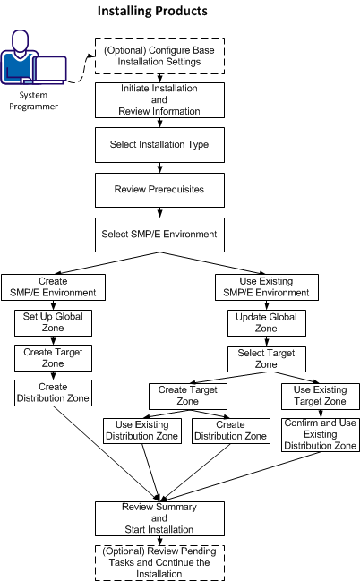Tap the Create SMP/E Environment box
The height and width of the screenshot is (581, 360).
54,287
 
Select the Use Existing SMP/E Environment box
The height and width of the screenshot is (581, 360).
263,287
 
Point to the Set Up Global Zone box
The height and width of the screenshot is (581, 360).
54,322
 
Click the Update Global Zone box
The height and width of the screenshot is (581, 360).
263,322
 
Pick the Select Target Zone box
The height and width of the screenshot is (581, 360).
263,359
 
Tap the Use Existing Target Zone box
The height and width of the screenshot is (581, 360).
321,396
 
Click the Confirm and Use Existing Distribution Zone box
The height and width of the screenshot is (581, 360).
321,433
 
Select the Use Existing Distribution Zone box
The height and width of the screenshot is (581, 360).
142,431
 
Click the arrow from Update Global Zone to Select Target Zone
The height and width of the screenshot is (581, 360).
263,340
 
